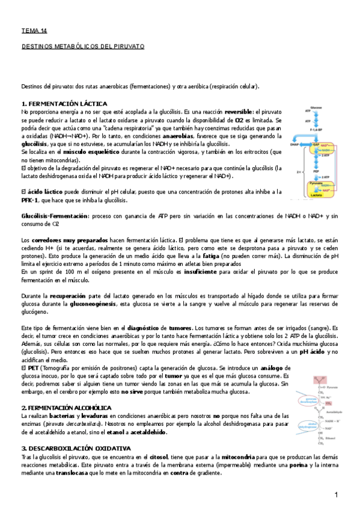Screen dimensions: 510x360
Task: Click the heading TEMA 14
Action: click(x=34, y=30)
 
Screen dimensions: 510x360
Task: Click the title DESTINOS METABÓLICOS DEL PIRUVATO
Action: click(x=83, y=46)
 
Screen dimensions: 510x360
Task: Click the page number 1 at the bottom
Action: click(x=337, y=494)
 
